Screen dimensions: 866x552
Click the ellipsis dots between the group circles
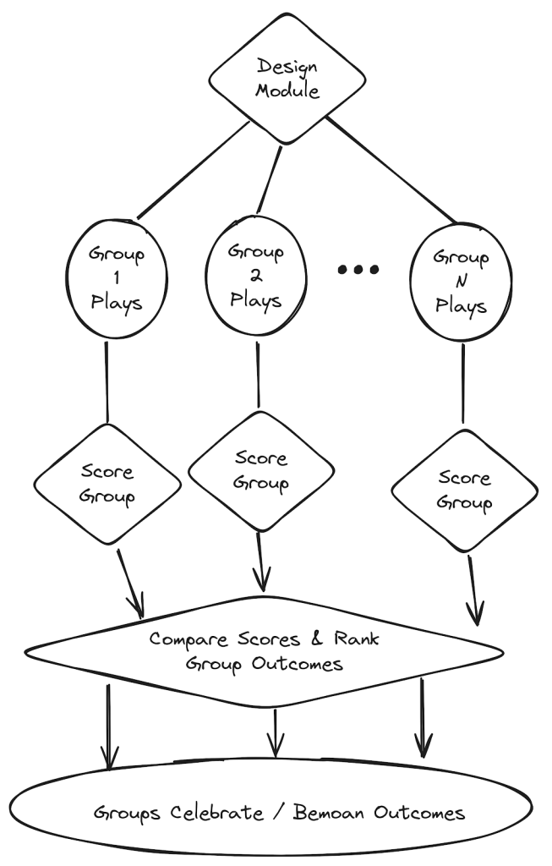click(x=358, y=269)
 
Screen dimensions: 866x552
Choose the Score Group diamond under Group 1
click(x=107, y=485)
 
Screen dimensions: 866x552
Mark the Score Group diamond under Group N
click(x=464, y=491)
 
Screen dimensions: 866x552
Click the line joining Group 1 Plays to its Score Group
click(x=107, y=381)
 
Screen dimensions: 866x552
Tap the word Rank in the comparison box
click(x=357, y=639)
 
